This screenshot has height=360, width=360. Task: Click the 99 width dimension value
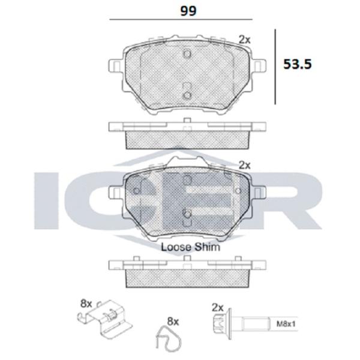188,11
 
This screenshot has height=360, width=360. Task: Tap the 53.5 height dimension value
298,64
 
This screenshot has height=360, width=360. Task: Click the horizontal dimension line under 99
181,20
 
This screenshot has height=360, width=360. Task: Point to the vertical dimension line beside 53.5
275,67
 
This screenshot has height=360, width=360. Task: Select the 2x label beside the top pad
245,40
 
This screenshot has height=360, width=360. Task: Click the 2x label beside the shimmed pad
245,165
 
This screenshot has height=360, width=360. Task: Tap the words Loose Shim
191,247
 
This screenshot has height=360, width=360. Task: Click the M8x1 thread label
286,324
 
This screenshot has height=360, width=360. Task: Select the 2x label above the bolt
218,307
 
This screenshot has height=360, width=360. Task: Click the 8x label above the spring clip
86,304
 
